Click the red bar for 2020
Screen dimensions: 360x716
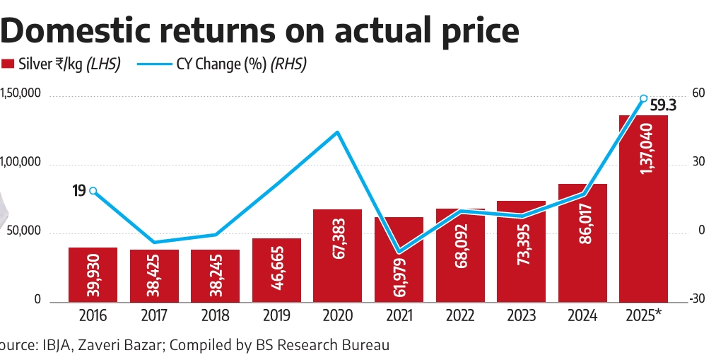(338, 255)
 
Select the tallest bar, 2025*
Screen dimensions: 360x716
(643, 209)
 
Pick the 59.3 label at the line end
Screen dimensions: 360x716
(663, 106)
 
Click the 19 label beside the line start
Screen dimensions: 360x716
(78, 190)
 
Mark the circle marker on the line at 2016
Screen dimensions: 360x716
(93, 190)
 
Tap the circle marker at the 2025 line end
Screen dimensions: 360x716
(643, 98)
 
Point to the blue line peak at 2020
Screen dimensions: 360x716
(338, 132)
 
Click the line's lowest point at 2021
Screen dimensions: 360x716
(399, 252)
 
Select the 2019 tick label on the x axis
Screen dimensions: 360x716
(276, 315)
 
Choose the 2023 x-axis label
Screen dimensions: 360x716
(521, 315)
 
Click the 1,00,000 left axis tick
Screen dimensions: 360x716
(22, 163)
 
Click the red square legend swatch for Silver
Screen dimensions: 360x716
(8, 64)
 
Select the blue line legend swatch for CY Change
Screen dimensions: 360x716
(151, 64)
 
